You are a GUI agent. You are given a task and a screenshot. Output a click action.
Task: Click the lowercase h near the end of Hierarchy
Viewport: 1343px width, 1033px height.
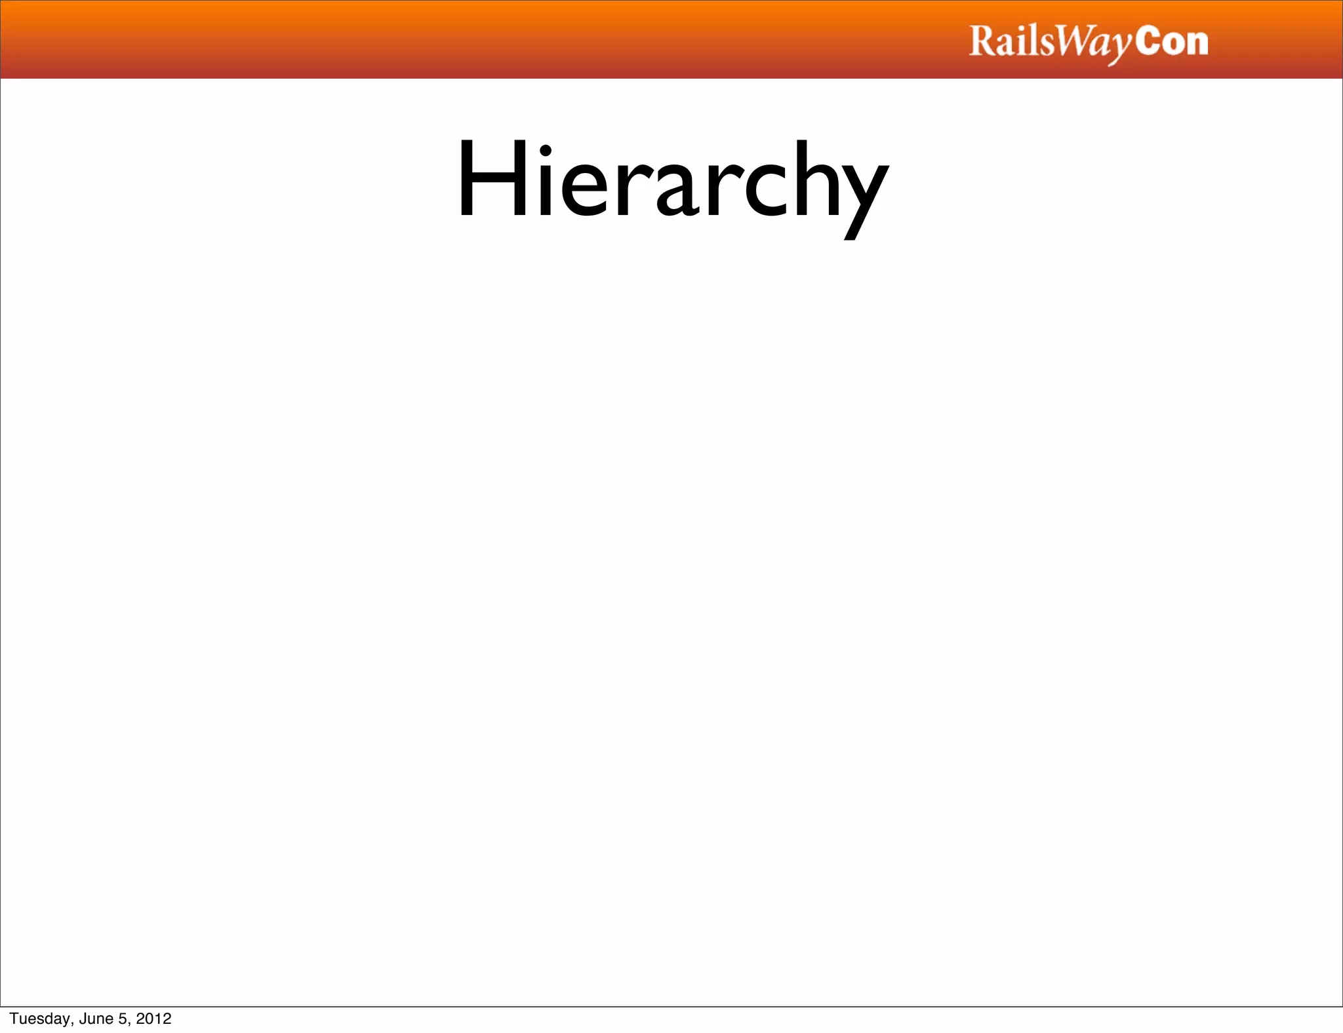(x=816, y=178)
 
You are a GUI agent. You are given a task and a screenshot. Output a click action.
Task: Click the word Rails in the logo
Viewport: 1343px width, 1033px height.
(x=1011, y=42)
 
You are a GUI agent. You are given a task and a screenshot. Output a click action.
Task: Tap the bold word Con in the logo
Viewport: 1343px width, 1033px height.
(x=1172, y=42)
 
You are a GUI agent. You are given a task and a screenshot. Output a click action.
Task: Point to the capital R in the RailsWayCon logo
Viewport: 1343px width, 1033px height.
(x=982, y=41)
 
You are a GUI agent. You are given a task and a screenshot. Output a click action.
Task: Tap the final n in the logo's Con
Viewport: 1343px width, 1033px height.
(x=1197, y=45)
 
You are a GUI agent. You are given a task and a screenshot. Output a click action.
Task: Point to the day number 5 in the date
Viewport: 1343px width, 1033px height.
(x=123, y=1019)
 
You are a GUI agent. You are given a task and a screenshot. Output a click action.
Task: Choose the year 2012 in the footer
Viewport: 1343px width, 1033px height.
(x=153, y=1019)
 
